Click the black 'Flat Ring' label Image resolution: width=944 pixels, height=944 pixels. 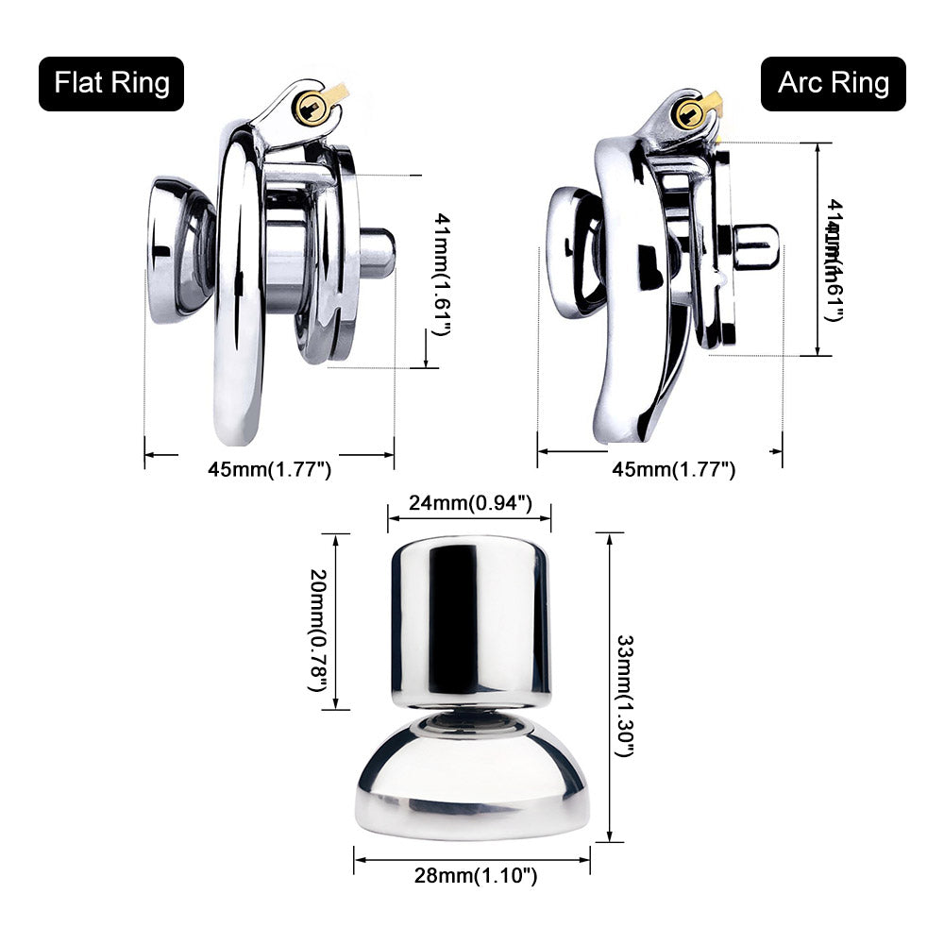pos(111,83)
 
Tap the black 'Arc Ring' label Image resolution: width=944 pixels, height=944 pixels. pos(833,83)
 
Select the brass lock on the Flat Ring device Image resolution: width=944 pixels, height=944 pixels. pos(315,108)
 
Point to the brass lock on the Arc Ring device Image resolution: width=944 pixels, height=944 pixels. pos(691,114)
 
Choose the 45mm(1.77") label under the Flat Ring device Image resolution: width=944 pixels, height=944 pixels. pos(269,469)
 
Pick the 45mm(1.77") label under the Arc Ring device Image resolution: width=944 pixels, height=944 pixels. pos(673,469)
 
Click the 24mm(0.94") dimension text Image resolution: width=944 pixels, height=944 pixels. pos(470,503)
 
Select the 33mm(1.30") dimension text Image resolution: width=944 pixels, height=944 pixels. pos(626,696)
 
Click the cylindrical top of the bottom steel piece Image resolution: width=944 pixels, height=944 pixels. pos(470,618)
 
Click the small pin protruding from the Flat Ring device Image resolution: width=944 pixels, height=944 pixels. pos(378,253)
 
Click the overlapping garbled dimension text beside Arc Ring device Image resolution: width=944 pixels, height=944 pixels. pos(833,260)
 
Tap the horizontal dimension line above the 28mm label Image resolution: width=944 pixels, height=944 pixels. pos(472,859)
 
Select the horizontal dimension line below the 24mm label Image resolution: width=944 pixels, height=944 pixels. pos(469,517)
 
